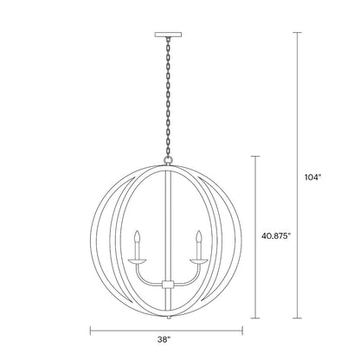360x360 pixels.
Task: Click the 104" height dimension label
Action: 312,177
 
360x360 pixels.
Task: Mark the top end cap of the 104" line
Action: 298,33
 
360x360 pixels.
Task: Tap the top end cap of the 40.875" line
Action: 254,156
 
